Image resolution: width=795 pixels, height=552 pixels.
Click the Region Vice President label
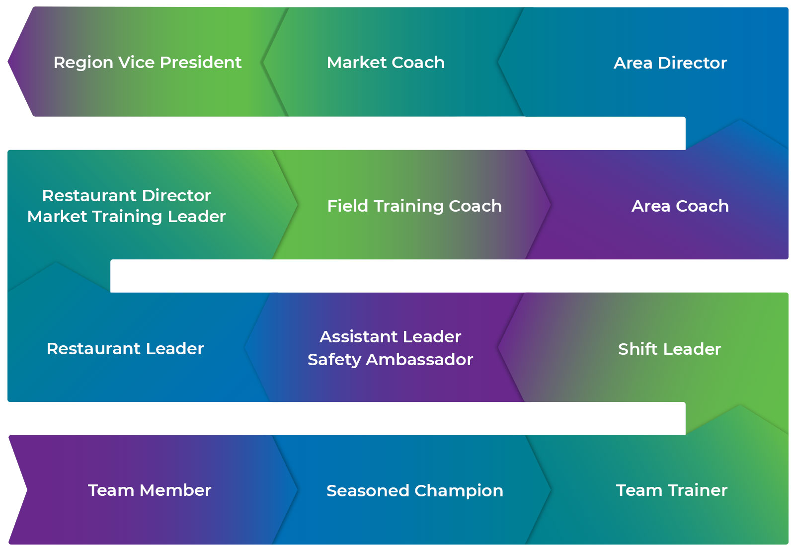point(147,63)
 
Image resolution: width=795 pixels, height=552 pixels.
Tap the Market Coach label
point(386,63)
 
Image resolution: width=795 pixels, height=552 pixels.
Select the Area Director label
point(670,63)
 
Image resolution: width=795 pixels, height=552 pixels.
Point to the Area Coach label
point(680,206)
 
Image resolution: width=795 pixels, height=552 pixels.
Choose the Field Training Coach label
point(414,206)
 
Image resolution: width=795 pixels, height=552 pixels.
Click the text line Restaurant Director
point(126,196)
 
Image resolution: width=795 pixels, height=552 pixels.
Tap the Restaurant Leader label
point(125,349)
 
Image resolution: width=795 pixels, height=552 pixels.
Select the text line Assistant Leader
point(391,336)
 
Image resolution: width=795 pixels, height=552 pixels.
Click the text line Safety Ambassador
point(391,360)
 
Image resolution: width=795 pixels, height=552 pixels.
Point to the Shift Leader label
point(670,349)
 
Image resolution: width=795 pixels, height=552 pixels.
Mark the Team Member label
point(150,490)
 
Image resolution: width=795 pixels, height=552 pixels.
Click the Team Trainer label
point(672,490)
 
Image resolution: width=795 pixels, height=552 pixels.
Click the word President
point(201,63)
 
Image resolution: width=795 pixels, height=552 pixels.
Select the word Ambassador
point(419,360)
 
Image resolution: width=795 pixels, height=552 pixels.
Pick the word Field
point(348,206)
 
